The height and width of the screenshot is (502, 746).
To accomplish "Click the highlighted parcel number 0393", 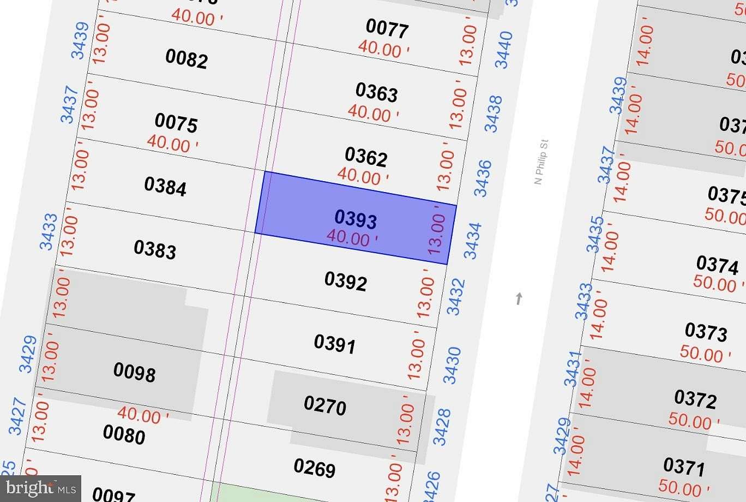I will tap(356, 219).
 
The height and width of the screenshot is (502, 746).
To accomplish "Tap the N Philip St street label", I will tap(541, 162).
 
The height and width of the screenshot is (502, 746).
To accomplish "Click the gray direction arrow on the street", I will tap(519, 298).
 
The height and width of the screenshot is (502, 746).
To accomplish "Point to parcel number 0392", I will tap(345, 281).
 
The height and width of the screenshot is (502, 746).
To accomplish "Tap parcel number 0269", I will tap(315, 468).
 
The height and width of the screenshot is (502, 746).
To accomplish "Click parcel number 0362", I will tap(366, 157).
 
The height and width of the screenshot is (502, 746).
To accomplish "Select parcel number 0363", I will tap(376, 92).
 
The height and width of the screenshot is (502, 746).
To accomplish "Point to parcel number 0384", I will tap(165, 186).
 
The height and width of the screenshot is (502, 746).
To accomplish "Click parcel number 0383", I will tap(155, 249).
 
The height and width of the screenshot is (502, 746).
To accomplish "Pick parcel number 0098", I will tap(134, 372).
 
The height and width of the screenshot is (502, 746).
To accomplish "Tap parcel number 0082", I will tap(186, 58).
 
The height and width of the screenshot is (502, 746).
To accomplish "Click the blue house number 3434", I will tap(472, 241).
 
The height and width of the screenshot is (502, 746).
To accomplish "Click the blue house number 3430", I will tap(452, 365).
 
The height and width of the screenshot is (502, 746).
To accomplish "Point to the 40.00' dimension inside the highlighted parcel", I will tap(352, 238).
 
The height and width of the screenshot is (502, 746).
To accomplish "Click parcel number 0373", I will tap(706, 332).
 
